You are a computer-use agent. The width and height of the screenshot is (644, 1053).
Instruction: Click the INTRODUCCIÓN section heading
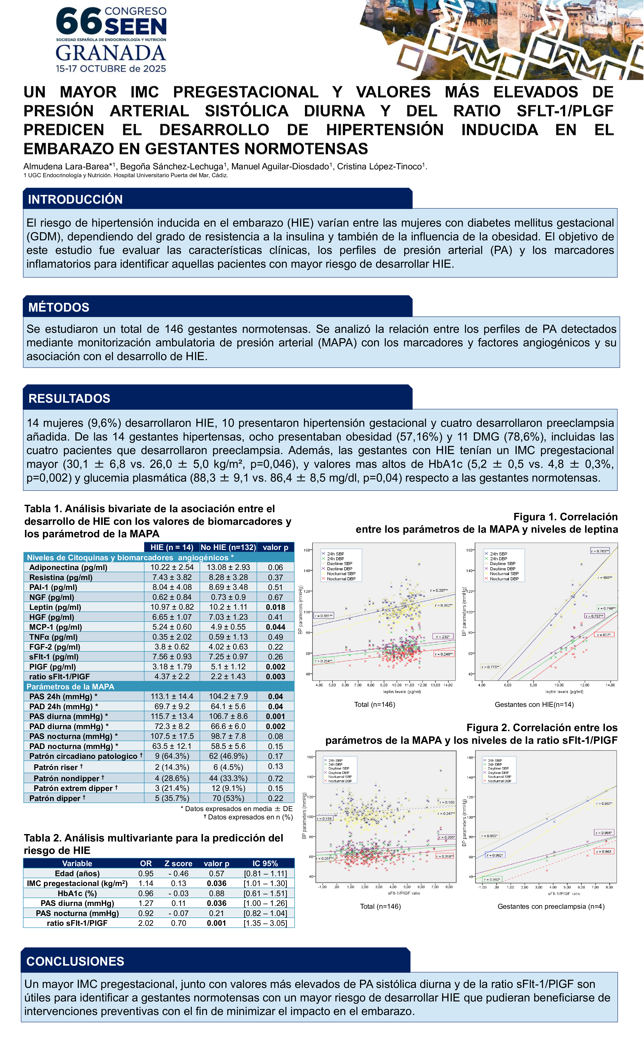pyautogui.click(x=75, y=199)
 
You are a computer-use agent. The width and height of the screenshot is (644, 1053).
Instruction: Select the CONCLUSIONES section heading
pyautogui.click(x=75, y=961)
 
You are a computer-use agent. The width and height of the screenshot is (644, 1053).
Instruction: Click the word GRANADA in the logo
pyautogui.click(x=111, y=53)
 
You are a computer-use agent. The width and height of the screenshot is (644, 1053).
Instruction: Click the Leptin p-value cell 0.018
pyautogui.click(x=276, y=607)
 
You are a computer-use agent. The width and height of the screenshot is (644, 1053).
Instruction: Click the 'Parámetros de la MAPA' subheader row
pyautogui.click(x=71, y=686)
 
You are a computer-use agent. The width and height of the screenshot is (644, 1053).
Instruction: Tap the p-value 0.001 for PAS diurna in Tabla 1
pyautogui.click(x=276, y=716)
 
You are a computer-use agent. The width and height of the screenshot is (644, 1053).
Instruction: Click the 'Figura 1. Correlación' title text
pyautogui.click(x=565, y=517)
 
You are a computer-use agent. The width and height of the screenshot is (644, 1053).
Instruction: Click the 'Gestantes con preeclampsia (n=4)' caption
pyautogui.click(x=551, y=906)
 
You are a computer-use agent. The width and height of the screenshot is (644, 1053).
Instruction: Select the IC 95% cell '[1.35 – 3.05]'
pyautogui.click(x=265, y=923)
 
